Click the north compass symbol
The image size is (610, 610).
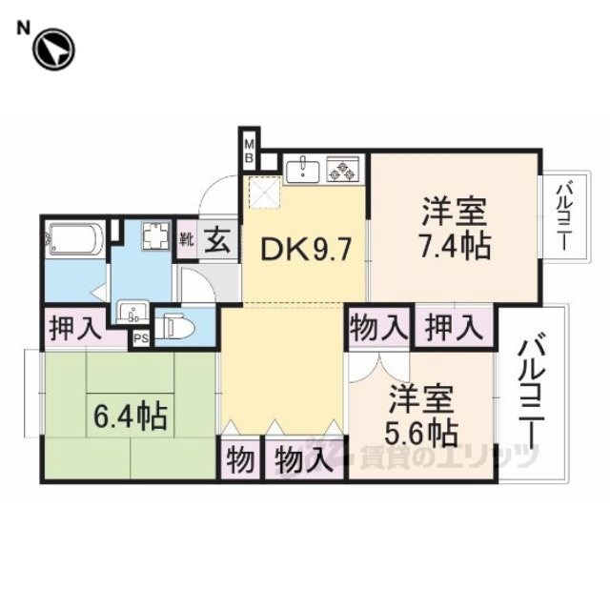(x=53, y=50)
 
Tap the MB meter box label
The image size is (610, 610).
(x=249, y=151)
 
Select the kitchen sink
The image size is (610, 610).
(x=303, y=170)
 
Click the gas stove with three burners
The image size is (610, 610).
(x=343, y=170)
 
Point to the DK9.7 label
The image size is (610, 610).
(x=307, y=250)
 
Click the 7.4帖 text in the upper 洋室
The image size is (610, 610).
(x=454, y=246)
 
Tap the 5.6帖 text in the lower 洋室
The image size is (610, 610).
(x=421, y=434)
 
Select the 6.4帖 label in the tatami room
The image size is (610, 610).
(x=131, y=417)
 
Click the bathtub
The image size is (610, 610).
(x=74, y=239)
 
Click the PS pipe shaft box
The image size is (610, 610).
(x=141, y=338)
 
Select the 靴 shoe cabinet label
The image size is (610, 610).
(x=187, y=240)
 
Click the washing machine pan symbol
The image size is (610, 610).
(x=155, y=235)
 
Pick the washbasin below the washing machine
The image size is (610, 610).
(x=133, y=312)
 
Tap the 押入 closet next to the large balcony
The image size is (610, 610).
(x=454, y=328)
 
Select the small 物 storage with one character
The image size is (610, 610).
(x=240, y=459)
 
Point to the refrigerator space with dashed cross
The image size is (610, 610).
(x=265, y=193)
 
